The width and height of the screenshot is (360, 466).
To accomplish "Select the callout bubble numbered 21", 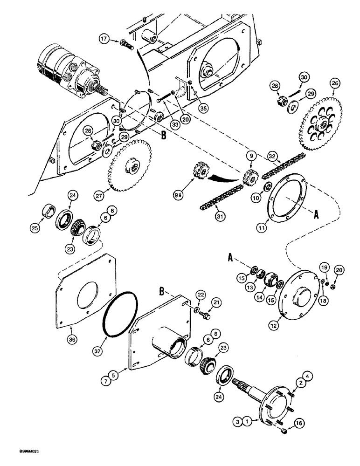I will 215,303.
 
